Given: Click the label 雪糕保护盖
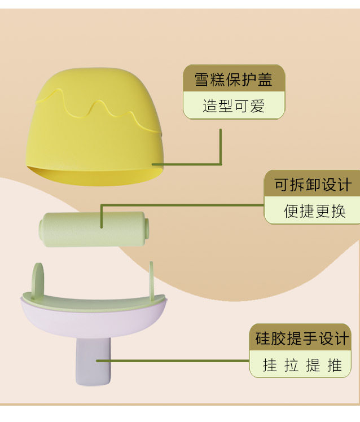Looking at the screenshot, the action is (x=234, y=79).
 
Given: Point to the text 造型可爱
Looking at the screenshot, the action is (x=234, y=105).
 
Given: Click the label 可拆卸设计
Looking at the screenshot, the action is (x=313, y=184).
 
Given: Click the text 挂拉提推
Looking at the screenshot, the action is (x=302, y=365).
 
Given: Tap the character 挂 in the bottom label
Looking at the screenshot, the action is (x=270, y=365).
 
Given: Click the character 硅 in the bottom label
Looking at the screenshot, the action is (x=262, y=339).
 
